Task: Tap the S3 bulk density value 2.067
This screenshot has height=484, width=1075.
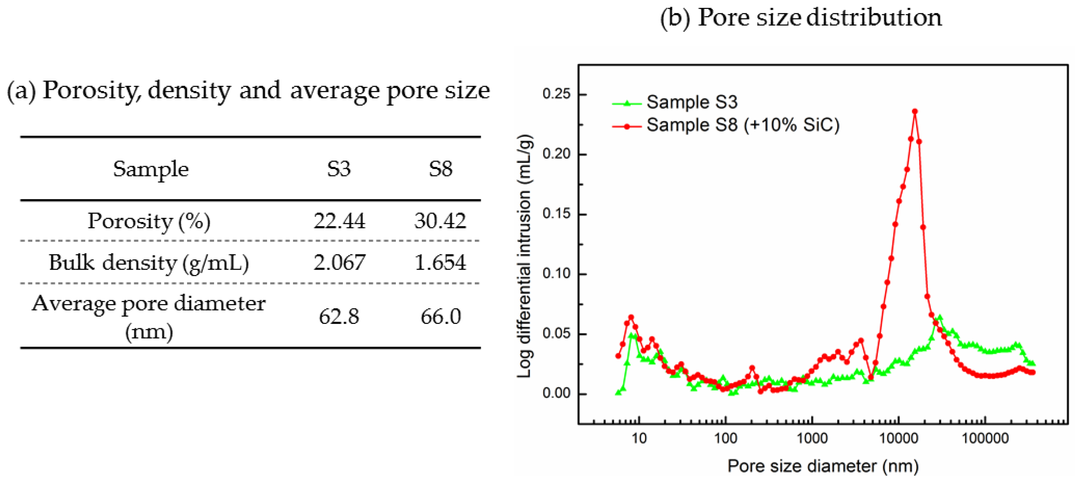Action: (x=339, y=262)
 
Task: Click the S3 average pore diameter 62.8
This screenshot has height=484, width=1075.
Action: (x=339, y=316)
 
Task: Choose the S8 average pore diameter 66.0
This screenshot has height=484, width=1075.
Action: (x=441, y=316)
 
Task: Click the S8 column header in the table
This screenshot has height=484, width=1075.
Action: (x=441, y=169)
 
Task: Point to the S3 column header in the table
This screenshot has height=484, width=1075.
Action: (x=339, y=169)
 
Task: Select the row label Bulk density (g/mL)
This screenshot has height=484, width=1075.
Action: (x=149, y=263)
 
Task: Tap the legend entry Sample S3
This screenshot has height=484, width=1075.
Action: (x=691, y=102)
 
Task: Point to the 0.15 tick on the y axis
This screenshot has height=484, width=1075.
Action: (x=556, y=214)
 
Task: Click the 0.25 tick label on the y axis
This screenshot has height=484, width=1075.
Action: (x=556, y=94)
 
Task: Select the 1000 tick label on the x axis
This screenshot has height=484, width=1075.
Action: (x=812, y=438)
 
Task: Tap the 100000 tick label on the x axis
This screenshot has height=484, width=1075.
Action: (x=985, y=438)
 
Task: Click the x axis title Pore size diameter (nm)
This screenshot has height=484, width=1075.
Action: (x=823, y=466)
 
